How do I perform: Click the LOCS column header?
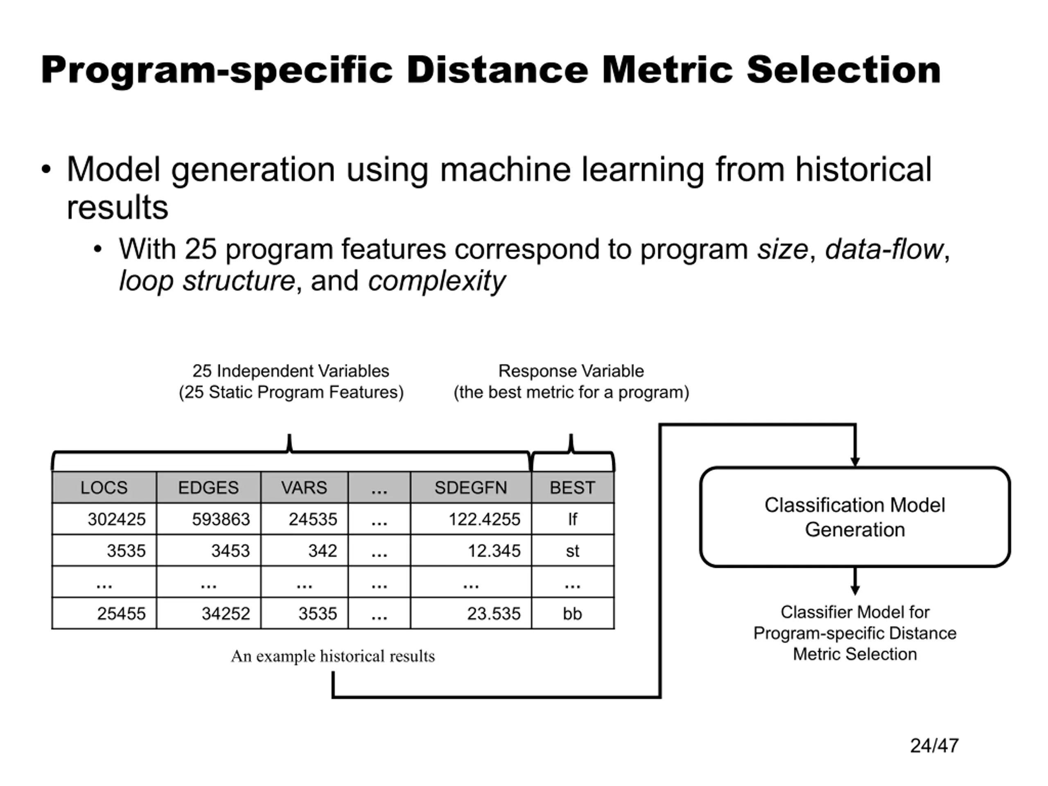click(104, 487)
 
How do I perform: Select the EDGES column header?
click(208, 487)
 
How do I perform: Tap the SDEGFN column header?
click(471, 487)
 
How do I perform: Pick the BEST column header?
click(572, 487)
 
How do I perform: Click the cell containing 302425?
click(104, 519)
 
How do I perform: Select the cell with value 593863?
click(208, 519)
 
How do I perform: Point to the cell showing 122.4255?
click(471, 519)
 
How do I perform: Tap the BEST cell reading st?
click(572, 551)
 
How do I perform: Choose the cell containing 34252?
click(208, 614)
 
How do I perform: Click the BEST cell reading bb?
click(572, 614)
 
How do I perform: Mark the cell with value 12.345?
click(471, 551)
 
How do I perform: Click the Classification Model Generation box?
click(855, 517)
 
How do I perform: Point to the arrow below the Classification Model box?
click(855, 581)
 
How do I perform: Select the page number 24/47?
click(934, 745)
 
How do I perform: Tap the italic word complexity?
click(437, 281)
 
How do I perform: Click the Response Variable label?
click(571, 371)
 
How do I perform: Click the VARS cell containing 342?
click(304, 551)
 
